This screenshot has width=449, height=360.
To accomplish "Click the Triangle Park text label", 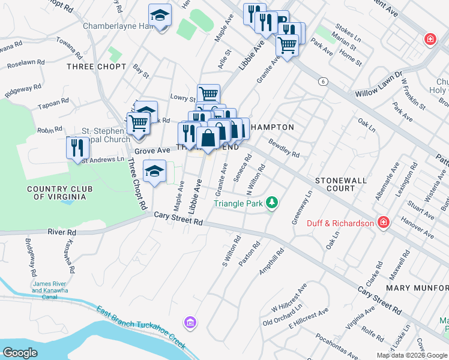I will coord(238,203).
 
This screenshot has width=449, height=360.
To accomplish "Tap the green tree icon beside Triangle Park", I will coord(273,203).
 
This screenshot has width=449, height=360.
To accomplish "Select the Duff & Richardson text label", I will coord(340,223).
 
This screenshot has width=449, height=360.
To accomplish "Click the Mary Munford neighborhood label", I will coord(417,288).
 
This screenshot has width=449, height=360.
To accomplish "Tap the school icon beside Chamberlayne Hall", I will coord(160,16).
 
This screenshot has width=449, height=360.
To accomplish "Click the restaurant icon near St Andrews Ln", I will coord(77,148).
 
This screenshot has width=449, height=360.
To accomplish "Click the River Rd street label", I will coord(63,232).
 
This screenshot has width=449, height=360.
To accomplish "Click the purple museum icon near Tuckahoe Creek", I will coord(190,323).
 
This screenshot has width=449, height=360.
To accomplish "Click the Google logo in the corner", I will coord(20,353).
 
